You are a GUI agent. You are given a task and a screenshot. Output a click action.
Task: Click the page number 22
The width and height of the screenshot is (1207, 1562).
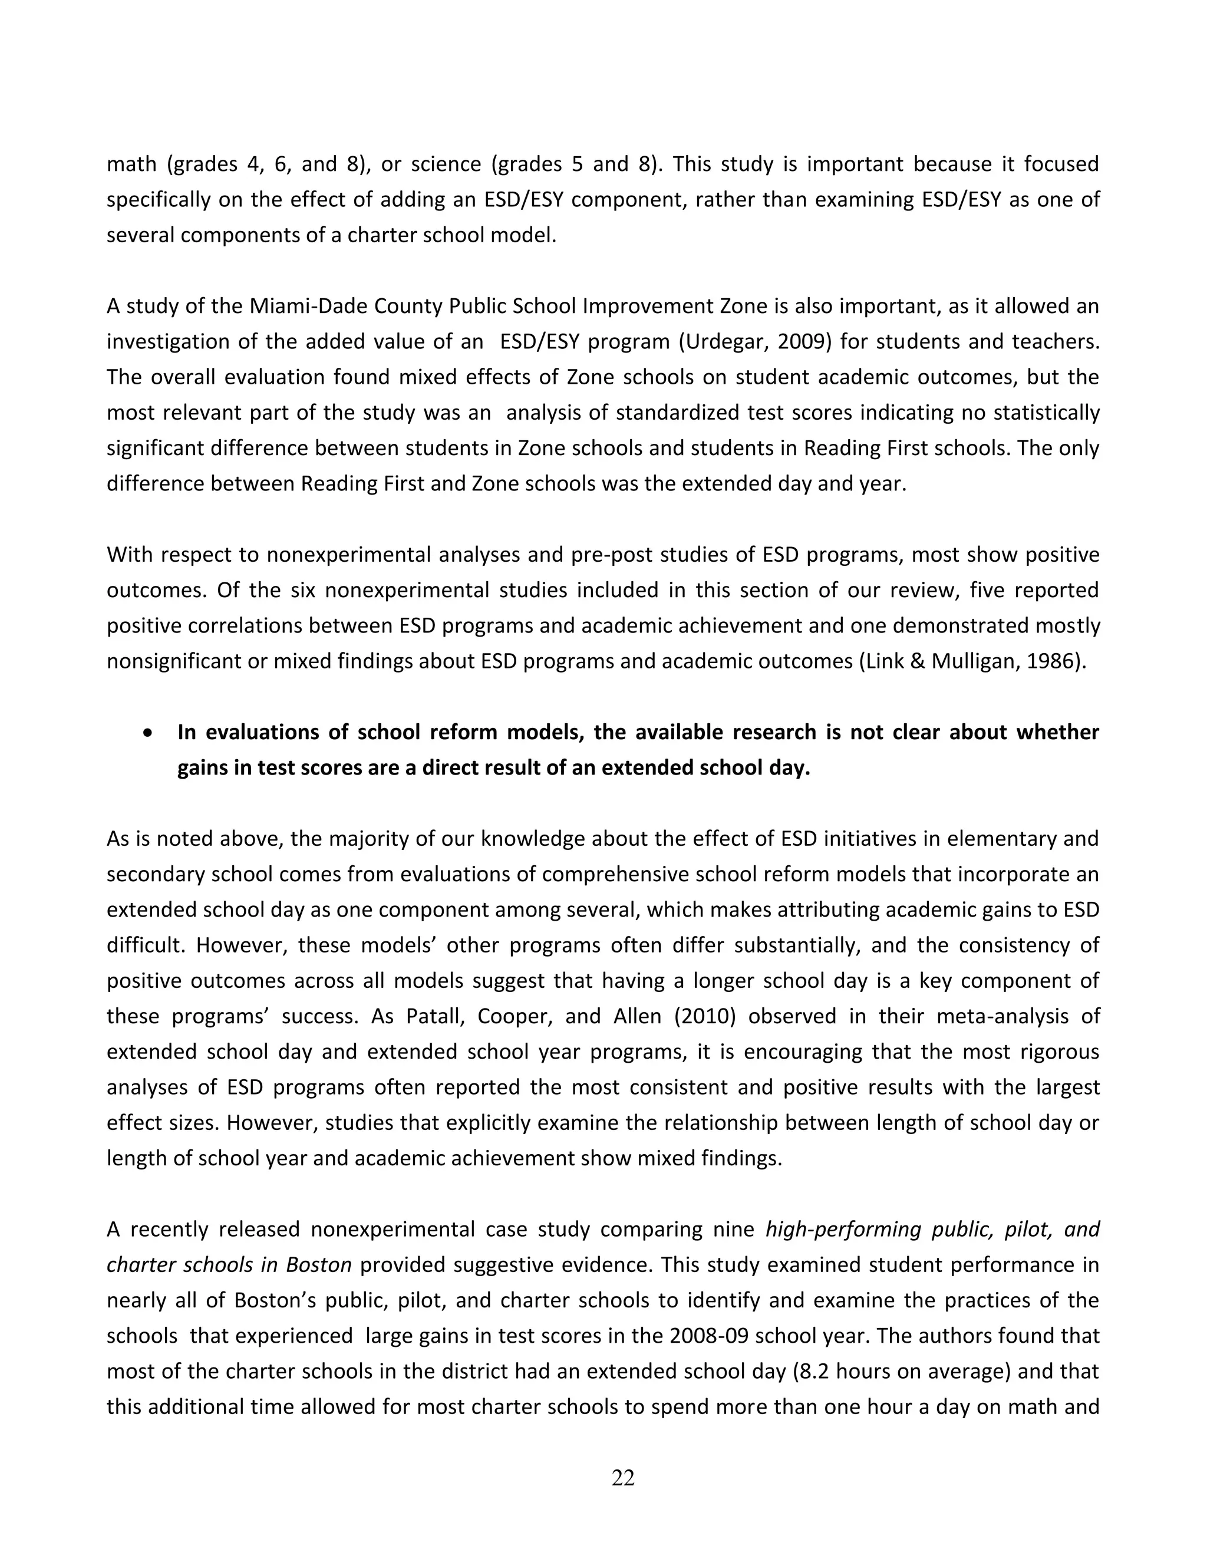click(x=623, y=1478)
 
